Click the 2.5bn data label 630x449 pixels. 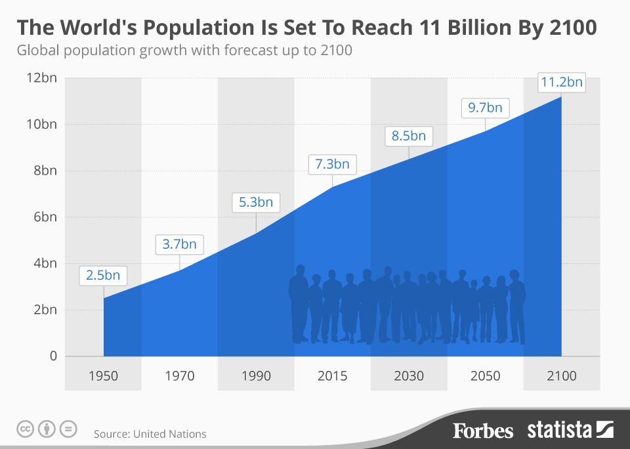coord(103,275)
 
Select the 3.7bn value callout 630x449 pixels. coord(179,244)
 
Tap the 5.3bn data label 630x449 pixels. coord(256,202)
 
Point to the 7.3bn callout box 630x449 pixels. coord(332,164)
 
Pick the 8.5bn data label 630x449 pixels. coord(409,137)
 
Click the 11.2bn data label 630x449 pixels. coord(561,83)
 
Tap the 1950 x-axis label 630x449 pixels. coord(103,376)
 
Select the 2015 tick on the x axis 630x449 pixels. coord(332,376)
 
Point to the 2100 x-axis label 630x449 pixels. coord(561,376)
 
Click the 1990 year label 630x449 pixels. coord(256,376)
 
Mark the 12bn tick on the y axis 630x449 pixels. coord(41,78)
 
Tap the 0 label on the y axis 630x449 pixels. coord(53,356)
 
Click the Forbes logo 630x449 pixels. coord(483,431)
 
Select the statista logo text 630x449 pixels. coord(560,431)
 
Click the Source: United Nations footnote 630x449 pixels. coord(150,434)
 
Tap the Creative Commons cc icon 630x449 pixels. coord(25,430)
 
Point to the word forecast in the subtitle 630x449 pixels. coord(242,51)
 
